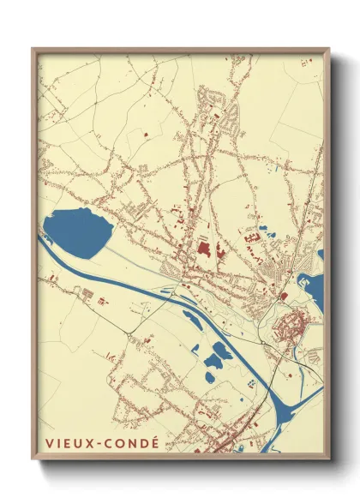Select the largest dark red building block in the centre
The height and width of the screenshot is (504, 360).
[x=204, y=250]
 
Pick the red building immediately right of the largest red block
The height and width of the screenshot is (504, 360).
[x=219, y=252]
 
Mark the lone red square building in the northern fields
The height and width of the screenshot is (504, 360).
[x=144, y=134]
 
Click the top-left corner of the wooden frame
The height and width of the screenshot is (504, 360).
[x=33, y=49]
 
